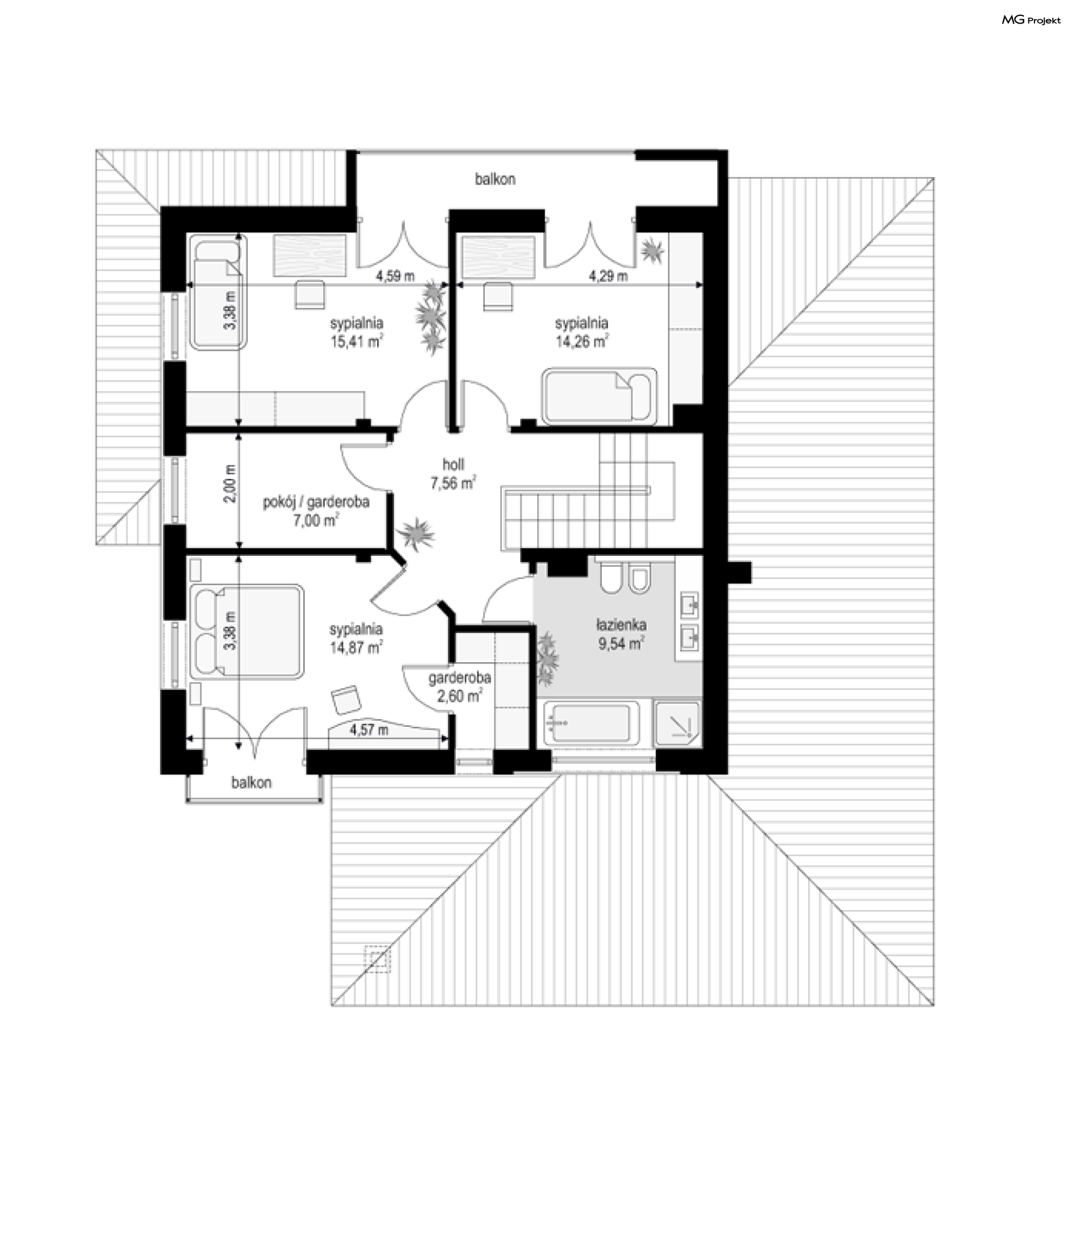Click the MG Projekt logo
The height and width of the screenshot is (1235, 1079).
1031,20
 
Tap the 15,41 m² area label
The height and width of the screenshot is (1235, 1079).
356,342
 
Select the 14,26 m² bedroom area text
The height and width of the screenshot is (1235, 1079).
581,342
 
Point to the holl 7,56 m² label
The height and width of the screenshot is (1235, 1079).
453,473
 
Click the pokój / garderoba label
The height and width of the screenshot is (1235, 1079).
316,501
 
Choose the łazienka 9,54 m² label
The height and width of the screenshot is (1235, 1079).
622,634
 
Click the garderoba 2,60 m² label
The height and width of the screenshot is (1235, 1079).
460,686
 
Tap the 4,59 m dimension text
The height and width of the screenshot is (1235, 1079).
395,277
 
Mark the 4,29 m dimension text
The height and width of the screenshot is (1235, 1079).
608,277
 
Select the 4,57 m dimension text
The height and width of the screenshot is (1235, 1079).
369,730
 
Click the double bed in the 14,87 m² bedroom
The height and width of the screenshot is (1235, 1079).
247,631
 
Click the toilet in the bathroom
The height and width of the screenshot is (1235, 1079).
610,578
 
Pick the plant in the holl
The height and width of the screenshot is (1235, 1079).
415,533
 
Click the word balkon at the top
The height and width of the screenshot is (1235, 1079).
495,179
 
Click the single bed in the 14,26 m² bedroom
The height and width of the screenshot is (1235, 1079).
599,396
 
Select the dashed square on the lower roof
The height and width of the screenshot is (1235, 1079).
378,958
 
